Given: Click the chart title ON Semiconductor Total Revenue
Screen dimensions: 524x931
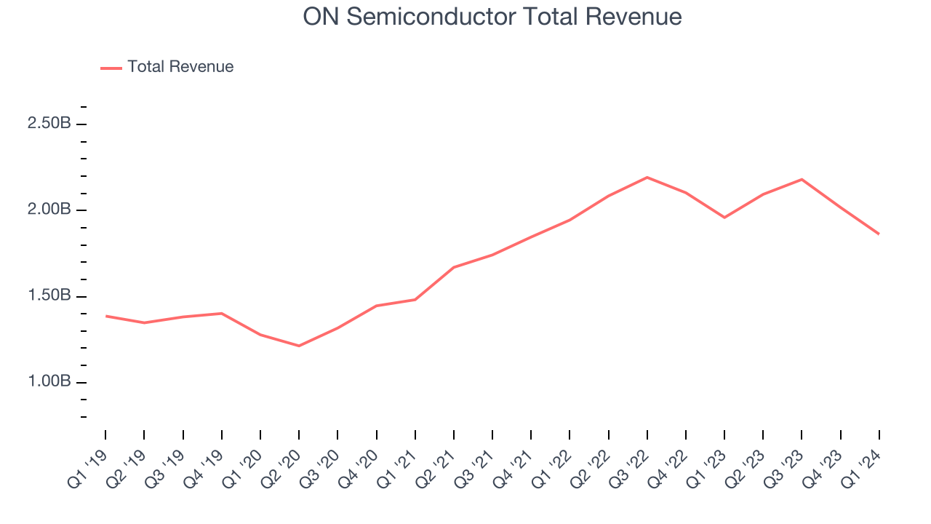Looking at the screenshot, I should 492,16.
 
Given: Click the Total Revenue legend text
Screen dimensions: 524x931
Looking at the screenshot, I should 180,67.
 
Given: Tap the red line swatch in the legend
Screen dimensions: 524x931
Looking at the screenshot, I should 111,68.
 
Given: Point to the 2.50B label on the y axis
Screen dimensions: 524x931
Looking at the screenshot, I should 49,124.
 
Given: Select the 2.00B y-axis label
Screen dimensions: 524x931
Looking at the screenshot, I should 49,210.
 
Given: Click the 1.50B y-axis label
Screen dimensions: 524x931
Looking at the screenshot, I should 49,296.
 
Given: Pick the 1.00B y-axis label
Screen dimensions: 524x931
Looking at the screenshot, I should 49,382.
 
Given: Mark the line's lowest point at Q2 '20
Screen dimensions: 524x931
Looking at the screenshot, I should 299,346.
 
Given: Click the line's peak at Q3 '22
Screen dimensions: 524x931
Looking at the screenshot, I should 647,177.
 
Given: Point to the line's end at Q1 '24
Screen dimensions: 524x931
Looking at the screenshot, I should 879,234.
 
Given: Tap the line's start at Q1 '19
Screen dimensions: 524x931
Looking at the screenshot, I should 105,316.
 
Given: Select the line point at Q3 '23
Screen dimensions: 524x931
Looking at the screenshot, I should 802,179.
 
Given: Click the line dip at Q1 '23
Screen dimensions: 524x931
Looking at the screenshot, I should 724,218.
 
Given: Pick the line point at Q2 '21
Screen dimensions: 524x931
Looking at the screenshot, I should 454,267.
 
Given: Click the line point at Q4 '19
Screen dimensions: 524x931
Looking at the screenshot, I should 222,313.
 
